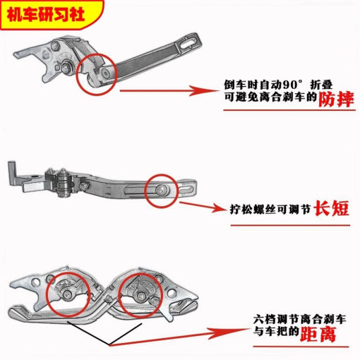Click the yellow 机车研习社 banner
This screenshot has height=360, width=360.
pyautogui.click(x=52, y=15)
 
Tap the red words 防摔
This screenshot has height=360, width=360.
pyautogui.click(x=336, y=99)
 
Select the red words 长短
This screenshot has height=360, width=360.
pyautogui.click(x=332, y=208)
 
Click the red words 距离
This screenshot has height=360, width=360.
pyautogui.click(x=318, y=334)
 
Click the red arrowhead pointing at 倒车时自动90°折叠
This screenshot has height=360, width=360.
pyautogui.click(x=202, y=90)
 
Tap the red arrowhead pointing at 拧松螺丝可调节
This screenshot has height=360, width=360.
pyautogui.click(x=217, y=208)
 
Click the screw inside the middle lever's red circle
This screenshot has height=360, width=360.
pyautogui.click(x=161, y=188)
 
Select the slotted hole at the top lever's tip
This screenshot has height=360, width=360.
pyautogui.click(x=188, y=41)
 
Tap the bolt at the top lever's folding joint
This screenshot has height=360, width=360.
pyautogui.click(x=106, y=73)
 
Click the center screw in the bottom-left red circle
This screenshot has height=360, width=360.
pyautogui.click(x=68, y=294)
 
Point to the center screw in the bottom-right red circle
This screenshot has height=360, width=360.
pyautogui.click(x=141, y=294)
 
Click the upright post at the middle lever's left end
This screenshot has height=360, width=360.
pyautogui.click(x=11, y=173)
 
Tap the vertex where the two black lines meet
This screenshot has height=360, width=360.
pyautogui.click(x=109, y=345)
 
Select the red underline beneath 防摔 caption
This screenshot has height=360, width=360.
pyautogui.click(x=289, y=110)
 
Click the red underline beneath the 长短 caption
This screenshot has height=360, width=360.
pyautogui.click(x=290, y=225)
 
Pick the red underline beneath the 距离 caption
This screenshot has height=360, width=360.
pyautogui.click(x=301, y=347)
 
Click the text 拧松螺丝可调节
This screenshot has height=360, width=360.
pyautogui.click(x=270, y=209)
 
